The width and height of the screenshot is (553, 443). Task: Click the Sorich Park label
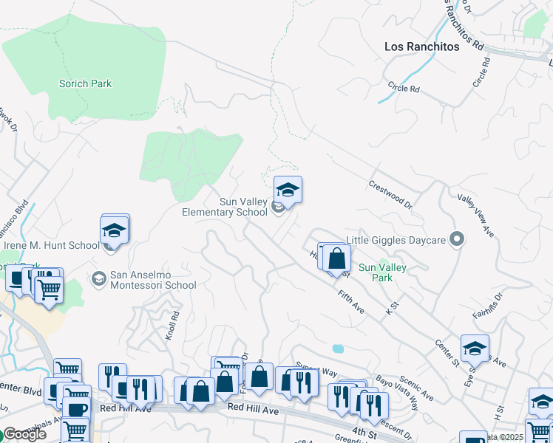coord(85,83)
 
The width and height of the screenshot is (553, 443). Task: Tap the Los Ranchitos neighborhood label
coord(421,47)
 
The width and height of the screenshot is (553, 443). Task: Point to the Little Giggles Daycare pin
coord(457,238)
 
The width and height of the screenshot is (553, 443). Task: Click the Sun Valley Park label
coord(381,273)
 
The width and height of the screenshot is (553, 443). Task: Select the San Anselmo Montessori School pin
coord(98,279)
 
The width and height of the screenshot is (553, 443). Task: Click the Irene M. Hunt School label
coord(52,246)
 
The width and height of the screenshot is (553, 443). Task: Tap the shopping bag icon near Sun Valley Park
coord(337,259)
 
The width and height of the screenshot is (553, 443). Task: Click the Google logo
coord(24,434)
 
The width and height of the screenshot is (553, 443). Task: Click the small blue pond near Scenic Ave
coord(338,348)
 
